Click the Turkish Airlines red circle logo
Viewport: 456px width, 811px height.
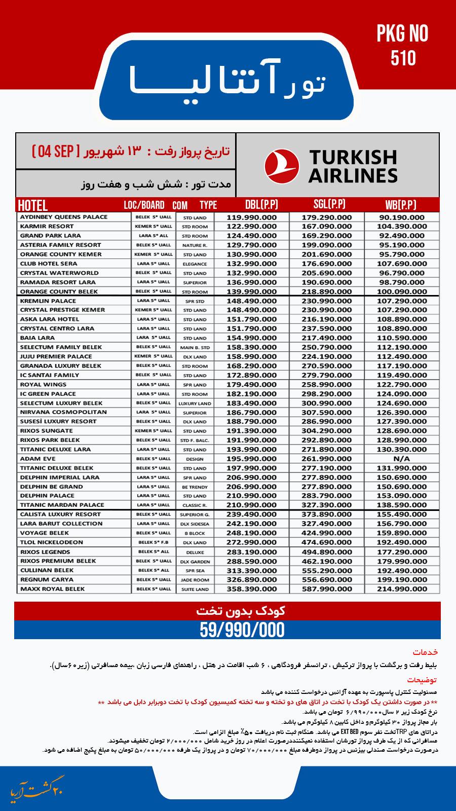click(282, 165)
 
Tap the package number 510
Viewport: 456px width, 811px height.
click(403, 59)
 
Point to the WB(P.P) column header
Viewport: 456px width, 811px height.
click(401, 205)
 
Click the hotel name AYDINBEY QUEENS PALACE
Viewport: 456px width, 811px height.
click(64, 217)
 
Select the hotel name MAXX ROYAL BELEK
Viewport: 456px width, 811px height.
click(53, 589)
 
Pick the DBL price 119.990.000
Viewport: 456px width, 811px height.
click(252, 217)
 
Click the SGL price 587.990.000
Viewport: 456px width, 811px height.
click(327, 589)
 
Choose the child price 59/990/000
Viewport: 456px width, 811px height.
click(242, 630)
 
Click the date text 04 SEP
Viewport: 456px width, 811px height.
click(55, 151)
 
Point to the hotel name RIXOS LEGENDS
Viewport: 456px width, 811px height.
click(45, 552)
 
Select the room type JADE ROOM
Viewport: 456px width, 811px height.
click(195, 580)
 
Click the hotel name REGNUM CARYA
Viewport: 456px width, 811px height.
click(48, 580)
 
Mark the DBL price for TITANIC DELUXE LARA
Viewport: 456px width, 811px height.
click(252, 450)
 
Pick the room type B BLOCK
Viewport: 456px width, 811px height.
click(195, 533)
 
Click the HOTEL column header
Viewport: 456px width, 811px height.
click(33, 205)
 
